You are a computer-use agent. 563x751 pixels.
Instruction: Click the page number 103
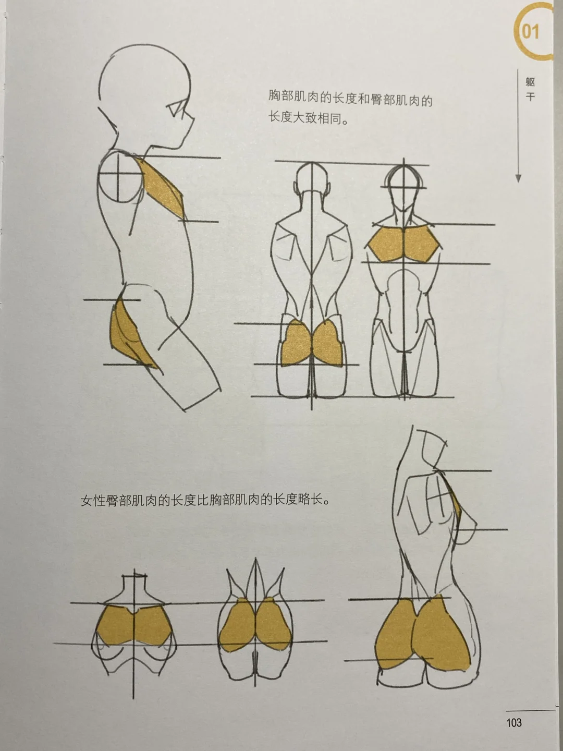[x=514, y=722]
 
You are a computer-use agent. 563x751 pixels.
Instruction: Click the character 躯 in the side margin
[x=530, y=82]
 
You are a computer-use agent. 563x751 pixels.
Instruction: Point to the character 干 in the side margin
[x=530, y=97]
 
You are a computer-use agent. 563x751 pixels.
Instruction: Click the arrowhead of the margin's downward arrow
[x=518, y=178]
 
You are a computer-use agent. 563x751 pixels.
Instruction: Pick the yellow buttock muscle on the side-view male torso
[x=128, y=337]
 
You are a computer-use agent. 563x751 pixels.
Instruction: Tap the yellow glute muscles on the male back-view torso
[x=311, y=342]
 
